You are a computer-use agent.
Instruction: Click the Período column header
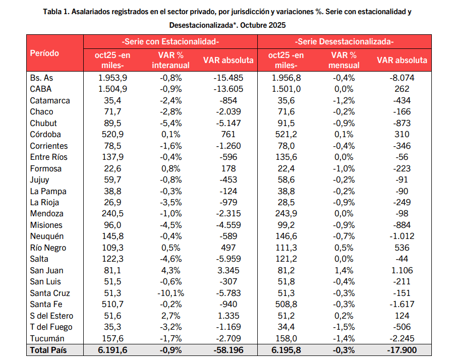[44, 53]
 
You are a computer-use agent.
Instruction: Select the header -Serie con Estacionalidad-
[171, 42]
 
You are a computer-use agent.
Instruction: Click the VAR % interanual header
[171, 60]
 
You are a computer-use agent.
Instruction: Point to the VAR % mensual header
[345, 60]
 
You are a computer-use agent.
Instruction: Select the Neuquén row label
[47, 236]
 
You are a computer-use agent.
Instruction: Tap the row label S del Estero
[51, 316]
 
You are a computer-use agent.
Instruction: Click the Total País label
[48, 350]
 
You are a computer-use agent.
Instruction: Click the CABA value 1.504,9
[113, 89]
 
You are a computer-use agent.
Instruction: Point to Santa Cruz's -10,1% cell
[171, 293]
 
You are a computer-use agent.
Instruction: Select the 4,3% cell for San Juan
[171, 270]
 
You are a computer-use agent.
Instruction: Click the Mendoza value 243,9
[287, 213]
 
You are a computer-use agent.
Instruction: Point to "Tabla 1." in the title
[57, 11]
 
